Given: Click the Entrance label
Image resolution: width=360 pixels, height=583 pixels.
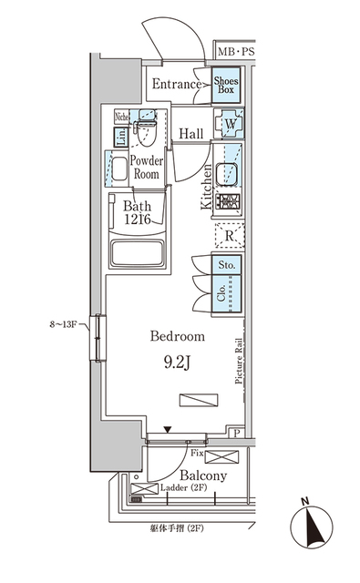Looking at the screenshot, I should tap(177, 85).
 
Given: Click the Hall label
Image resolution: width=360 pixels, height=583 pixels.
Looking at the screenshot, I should tap(190, 134).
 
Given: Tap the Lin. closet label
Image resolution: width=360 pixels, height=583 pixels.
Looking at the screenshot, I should tap(120, 137).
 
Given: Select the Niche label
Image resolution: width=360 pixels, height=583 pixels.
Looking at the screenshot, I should tap(120, 116).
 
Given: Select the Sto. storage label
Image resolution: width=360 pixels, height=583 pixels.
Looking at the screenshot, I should tap(227, 266).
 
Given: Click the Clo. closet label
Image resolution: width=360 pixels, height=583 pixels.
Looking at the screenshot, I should tap(222, 294).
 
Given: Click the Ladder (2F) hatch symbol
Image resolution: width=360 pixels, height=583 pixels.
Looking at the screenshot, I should tap(144, 490).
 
